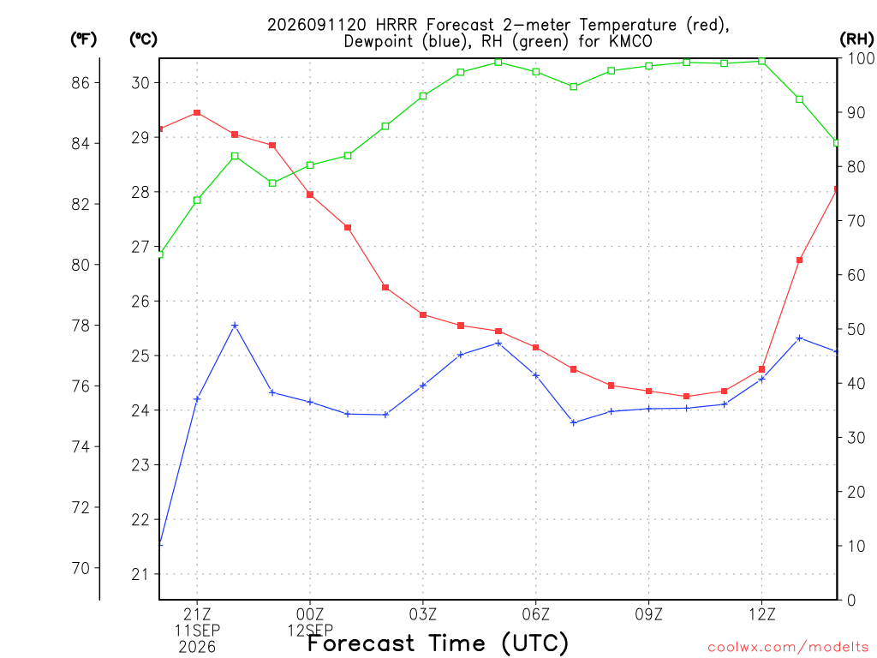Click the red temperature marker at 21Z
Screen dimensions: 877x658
[x=197, y=113]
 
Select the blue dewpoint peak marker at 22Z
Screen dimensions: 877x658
[x=235, y=325]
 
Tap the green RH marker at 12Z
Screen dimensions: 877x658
[x=761, y=61]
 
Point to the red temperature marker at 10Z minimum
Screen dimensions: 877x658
[x=686, y=396]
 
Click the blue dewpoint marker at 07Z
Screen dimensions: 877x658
[x=573, y=422]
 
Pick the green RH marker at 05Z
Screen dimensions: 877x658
[x=498, y=62]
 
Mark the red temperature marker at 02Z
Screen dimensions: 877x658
[x=385, y=288]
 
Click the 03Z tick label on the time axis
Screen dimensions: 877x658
[x=423, y=614]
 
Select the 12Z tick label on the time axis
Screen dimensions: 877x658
[x=761, y=614]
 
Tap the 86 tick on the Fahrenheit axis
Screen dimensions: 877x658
[x=80, y=83]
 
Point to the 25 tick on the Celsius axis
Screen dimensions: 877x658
[x=140, y=356]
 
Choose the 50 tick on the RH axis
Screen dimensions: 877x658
[x=856, y=330]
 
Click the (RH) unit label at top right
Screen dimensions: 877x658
[x=856, y=39]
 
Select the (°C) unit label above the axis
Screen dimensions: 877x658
[x=143, y=39]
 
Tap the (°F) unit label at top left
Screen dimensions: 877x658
[x=83, y=39]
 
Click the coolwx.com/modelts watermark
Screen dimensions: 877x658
[x=788, y=648]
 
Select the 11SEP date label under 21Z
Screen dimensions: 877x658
[x=197, y=631]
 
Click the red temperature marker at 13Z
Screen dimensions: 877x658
[x=799, y=260]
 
